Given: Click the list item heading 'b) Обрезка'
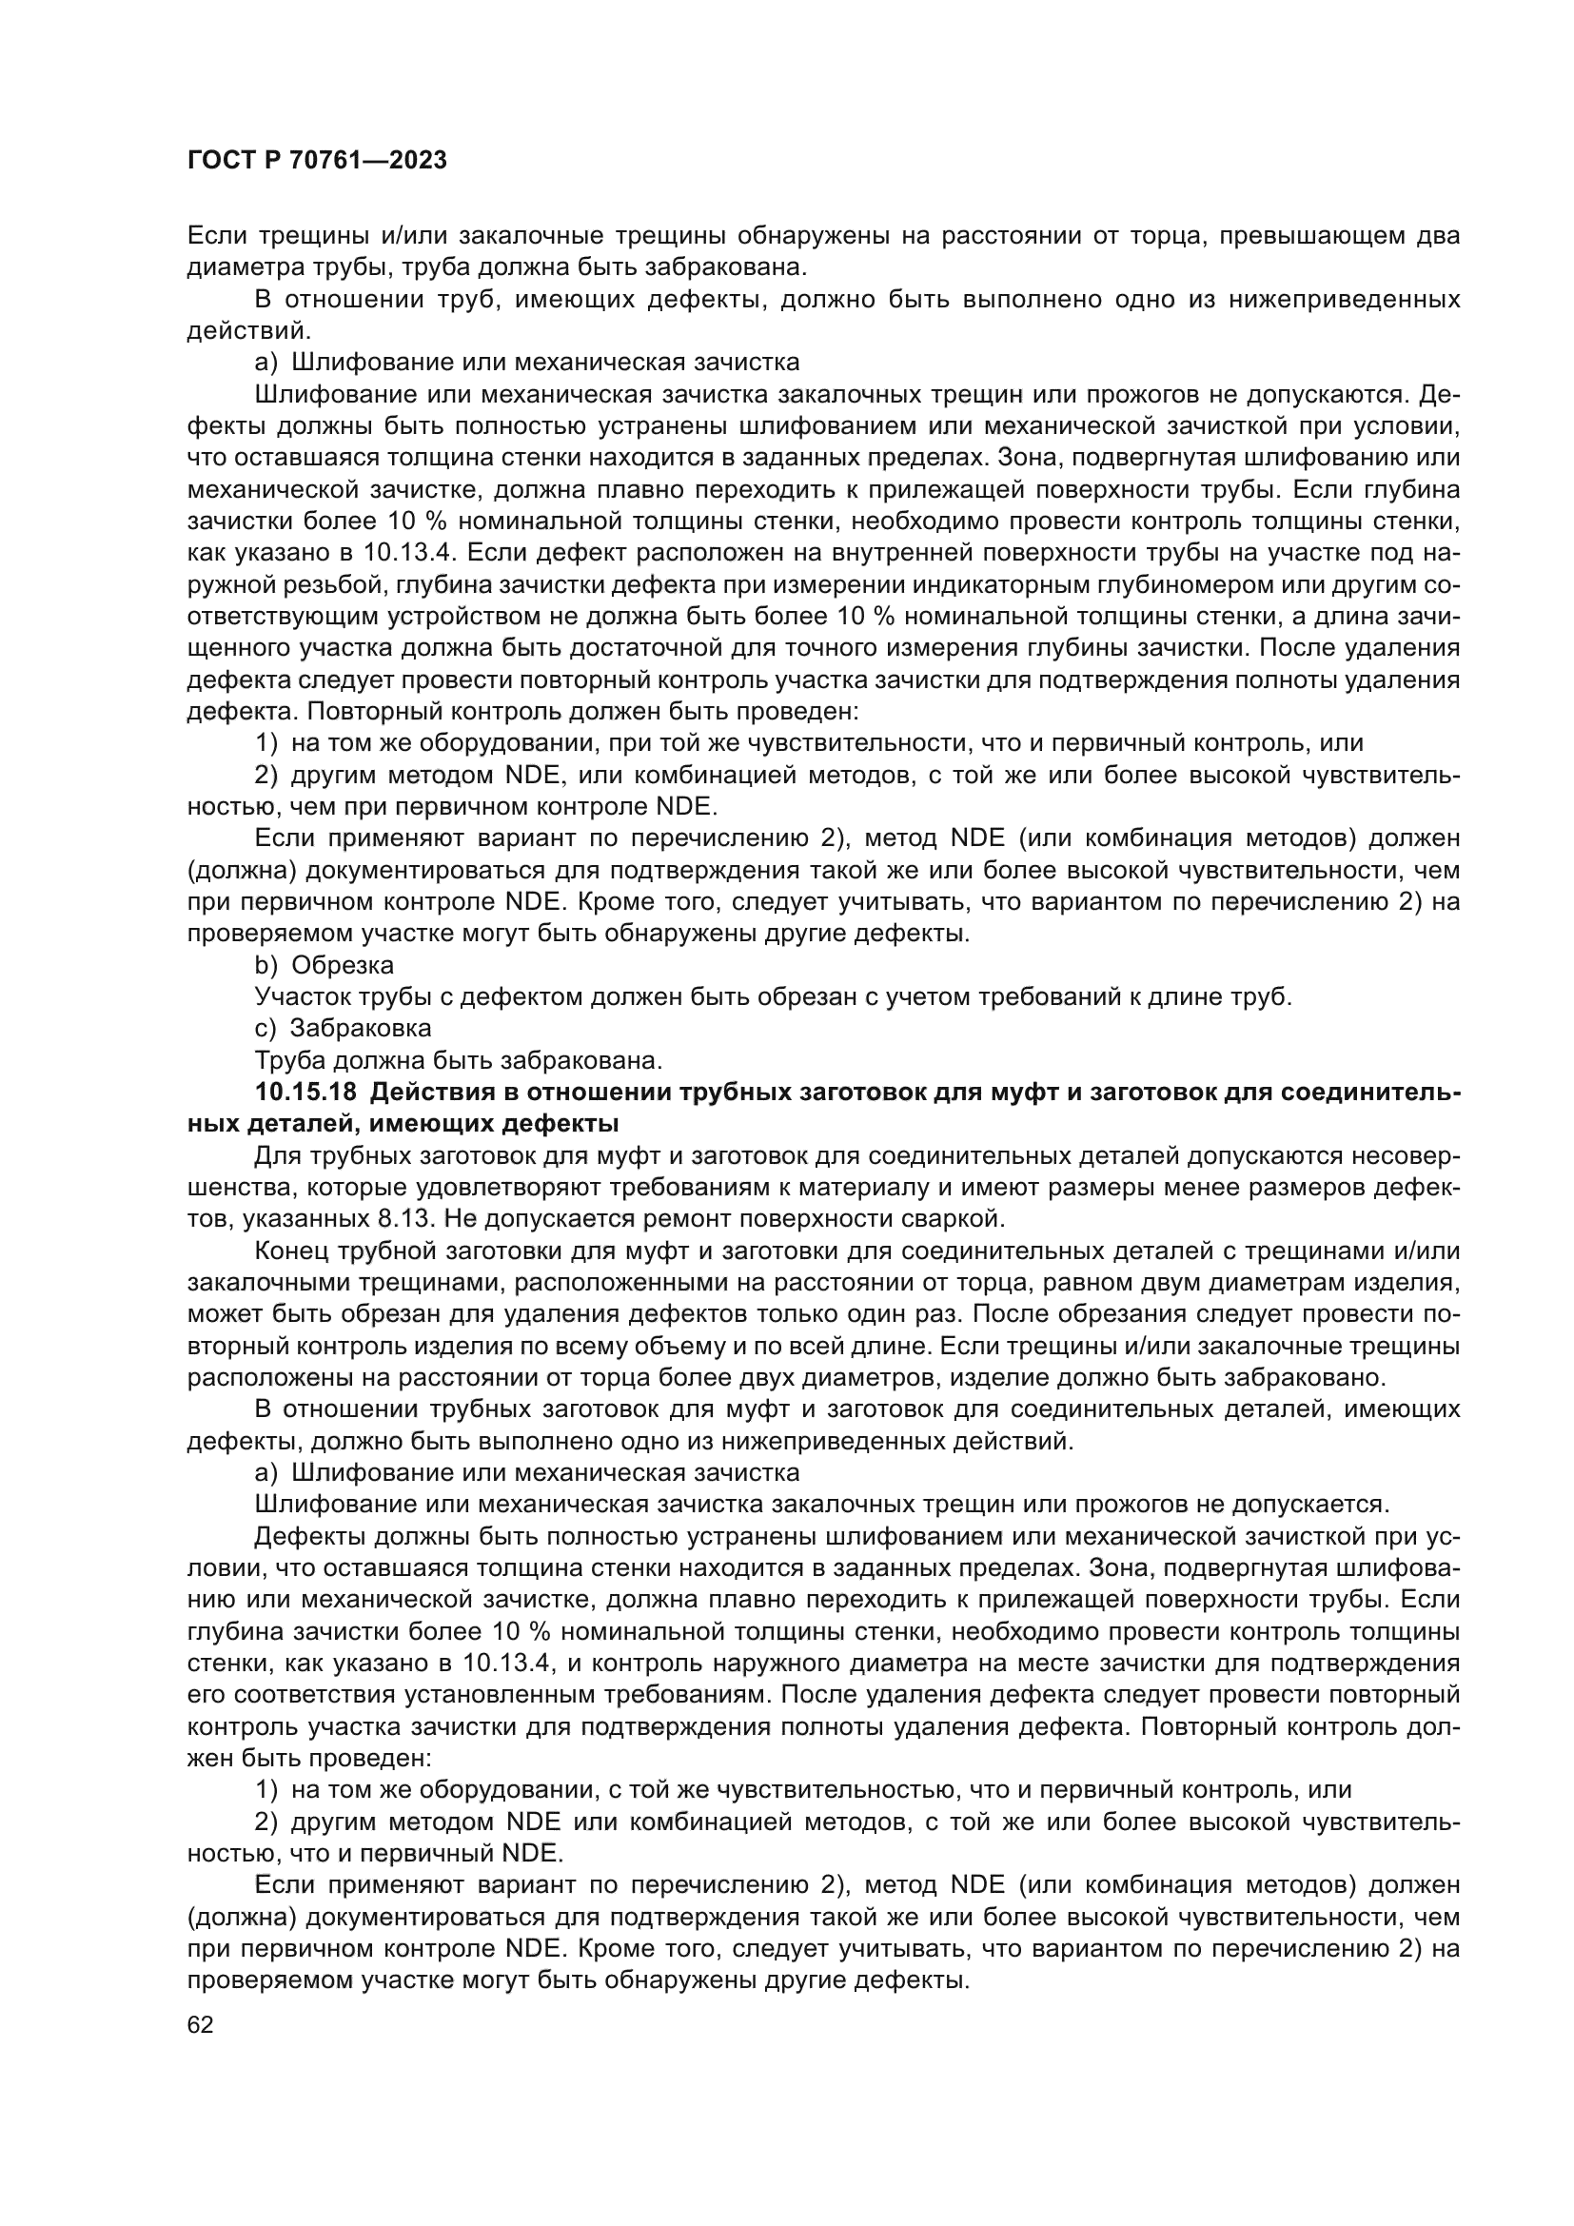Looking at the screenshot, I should pos(324,965).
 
